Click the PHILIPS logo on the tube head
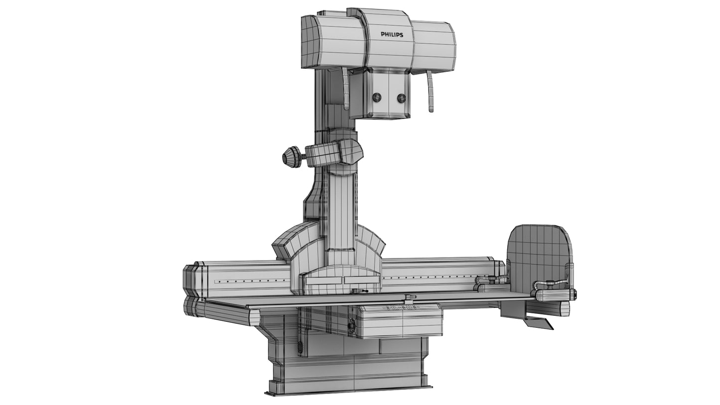pyautogui.click(x=392, y=34)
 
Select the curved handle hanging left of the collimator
pyautogui.click(x=345, y=88)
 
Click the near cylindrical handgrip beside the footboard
pyautogui.click(x=556, y=294)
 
